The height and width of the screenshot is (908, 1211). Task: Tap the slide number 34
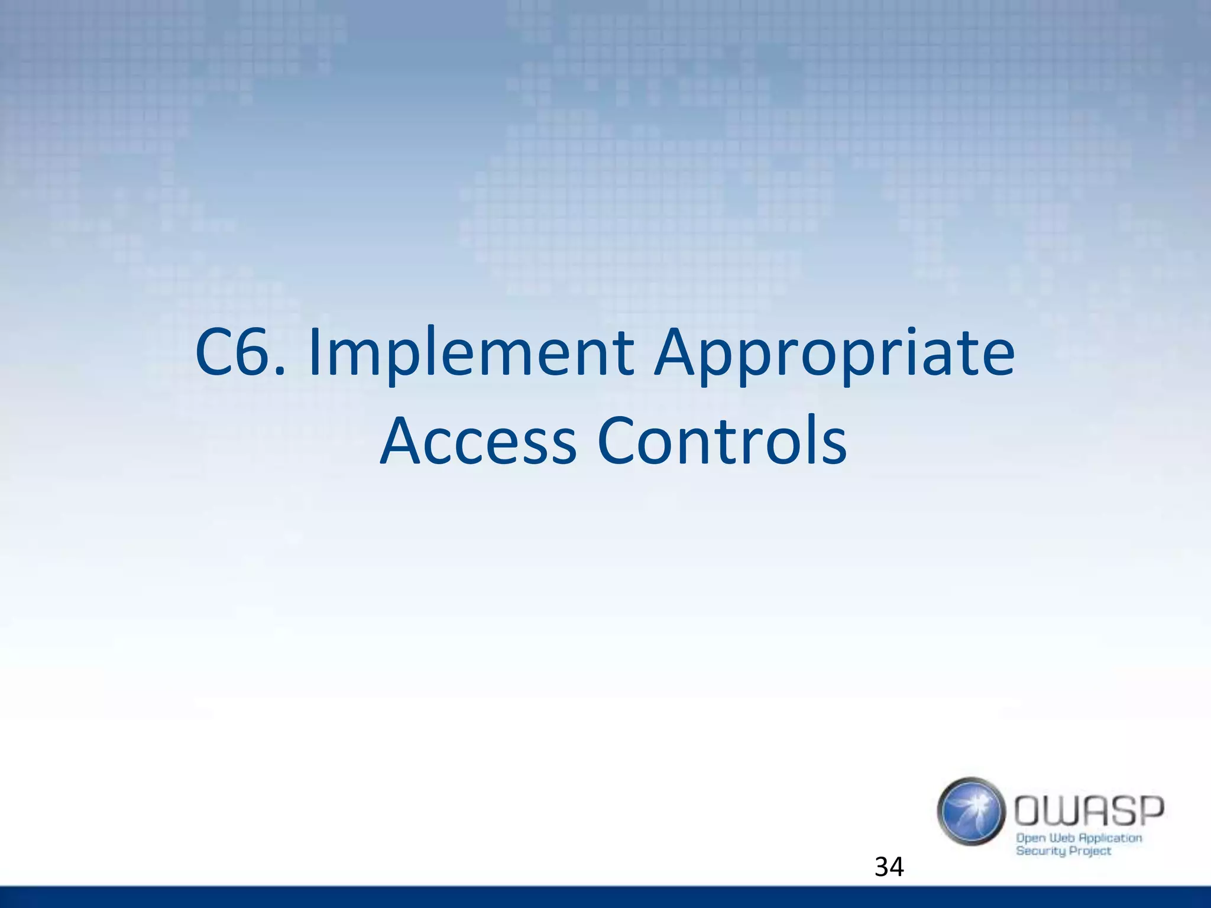(x=889, y=867)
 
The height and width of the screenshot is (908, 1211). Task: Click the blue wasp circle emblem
(x=971, y=811)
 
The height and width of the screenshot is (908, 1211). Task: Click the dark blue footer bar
(x=605, y=897)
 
